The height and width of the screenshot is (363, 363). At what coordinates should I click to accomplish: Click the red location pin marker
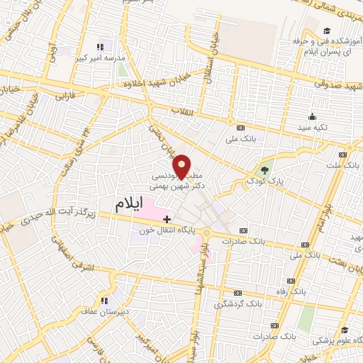tap(181, 166)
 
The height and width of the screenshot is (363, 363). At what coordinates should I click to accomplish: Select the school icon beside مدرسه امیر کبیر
tap(100, 47)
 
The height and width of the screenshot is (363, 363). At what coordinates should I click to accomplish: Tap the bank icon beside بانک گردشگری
tap(238, 293)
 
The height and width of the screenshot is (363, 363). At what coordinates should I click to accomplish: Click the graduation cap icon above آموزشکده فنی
tap(327, 30)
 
